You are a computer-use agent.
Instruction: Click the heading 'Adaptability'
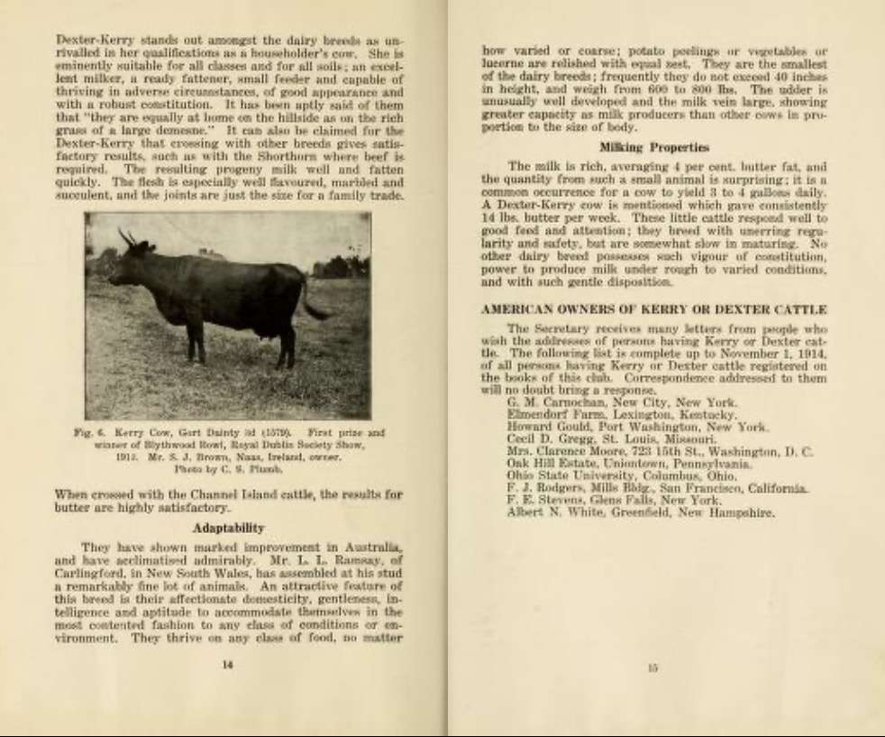(228, 528)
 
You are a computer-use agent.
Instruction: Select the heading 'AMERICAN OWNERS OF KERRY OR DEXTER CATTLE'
(654, 309)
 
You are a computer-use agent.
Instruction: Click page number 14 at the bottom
(228, 665)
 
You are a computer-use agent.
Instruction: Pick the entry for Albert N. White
(641, 512)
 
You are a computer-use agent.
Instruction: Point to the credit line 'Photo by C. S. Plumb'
(228, 470)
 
